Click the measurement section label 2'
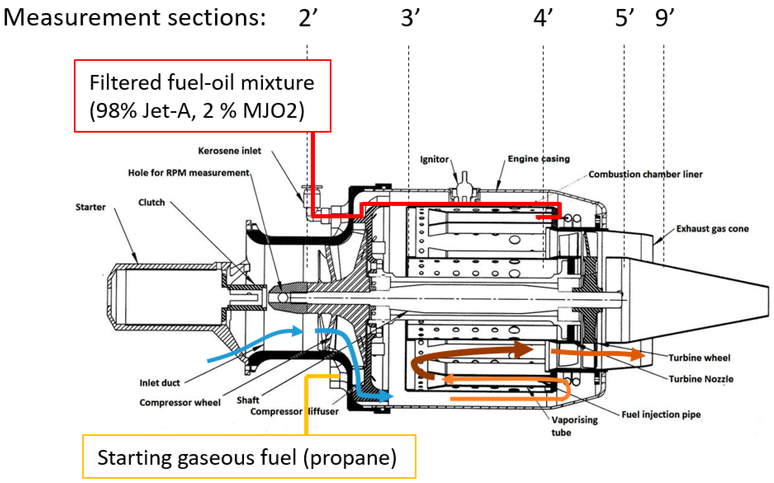[x=308, y=18]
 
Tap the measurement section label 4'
[x=543, y=18]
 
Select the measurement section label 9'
[x=664, y=18]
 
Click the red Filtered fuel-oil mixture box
[x=202, y=96]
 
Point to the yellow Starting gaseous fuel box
[x=249, y=457]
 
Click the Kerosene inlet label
[x=229, y=151]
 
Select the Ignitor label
[x=434, y=159]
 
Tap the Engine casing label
[x=539, y=159]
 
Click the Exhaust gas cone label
[x=712, y=229]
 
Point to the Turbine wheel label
[x=699, y=358]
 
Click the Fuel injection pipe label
[x=661, y=414]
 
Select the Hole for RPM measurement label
[x=189, y=173]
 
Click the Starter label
[x=90, y=207]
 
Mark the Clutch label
[x=151, y=203]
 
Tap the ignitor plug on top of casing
[x=464, y=185]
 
